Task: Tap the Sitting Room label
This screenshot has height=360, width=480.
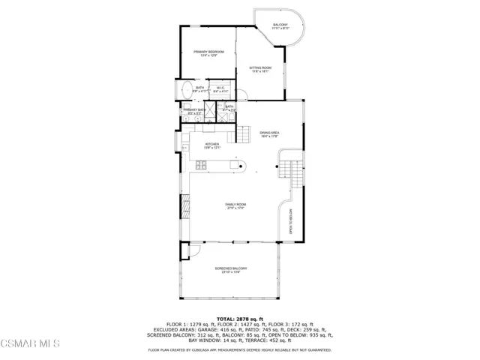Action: click(x=260, y=70)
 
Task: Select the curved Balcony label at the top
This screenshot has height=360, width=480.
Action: click(x=280, y=27)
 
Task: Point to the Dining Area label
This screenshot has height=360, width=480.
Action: click(x=269, y=134)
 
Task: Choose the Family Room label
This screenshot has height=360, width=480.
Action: click(x=236, y=206)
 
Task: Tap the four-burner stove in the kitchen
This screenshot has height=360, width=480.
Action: click(x=202, y=165)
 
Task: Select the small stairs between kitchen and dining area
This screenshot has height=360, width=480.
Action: click(x=244, y=133)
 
